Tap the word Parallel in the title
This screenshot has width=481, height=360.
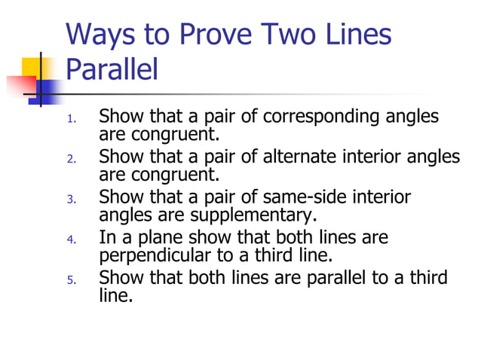(112, 69)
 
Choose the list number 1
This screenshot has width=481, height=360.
(72, 119)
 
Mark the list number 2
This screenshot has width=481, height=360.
(72, 159)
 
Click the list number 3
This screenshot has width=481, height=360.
(72, 200)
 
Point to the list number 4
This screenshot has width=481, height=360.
(72, 240)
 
